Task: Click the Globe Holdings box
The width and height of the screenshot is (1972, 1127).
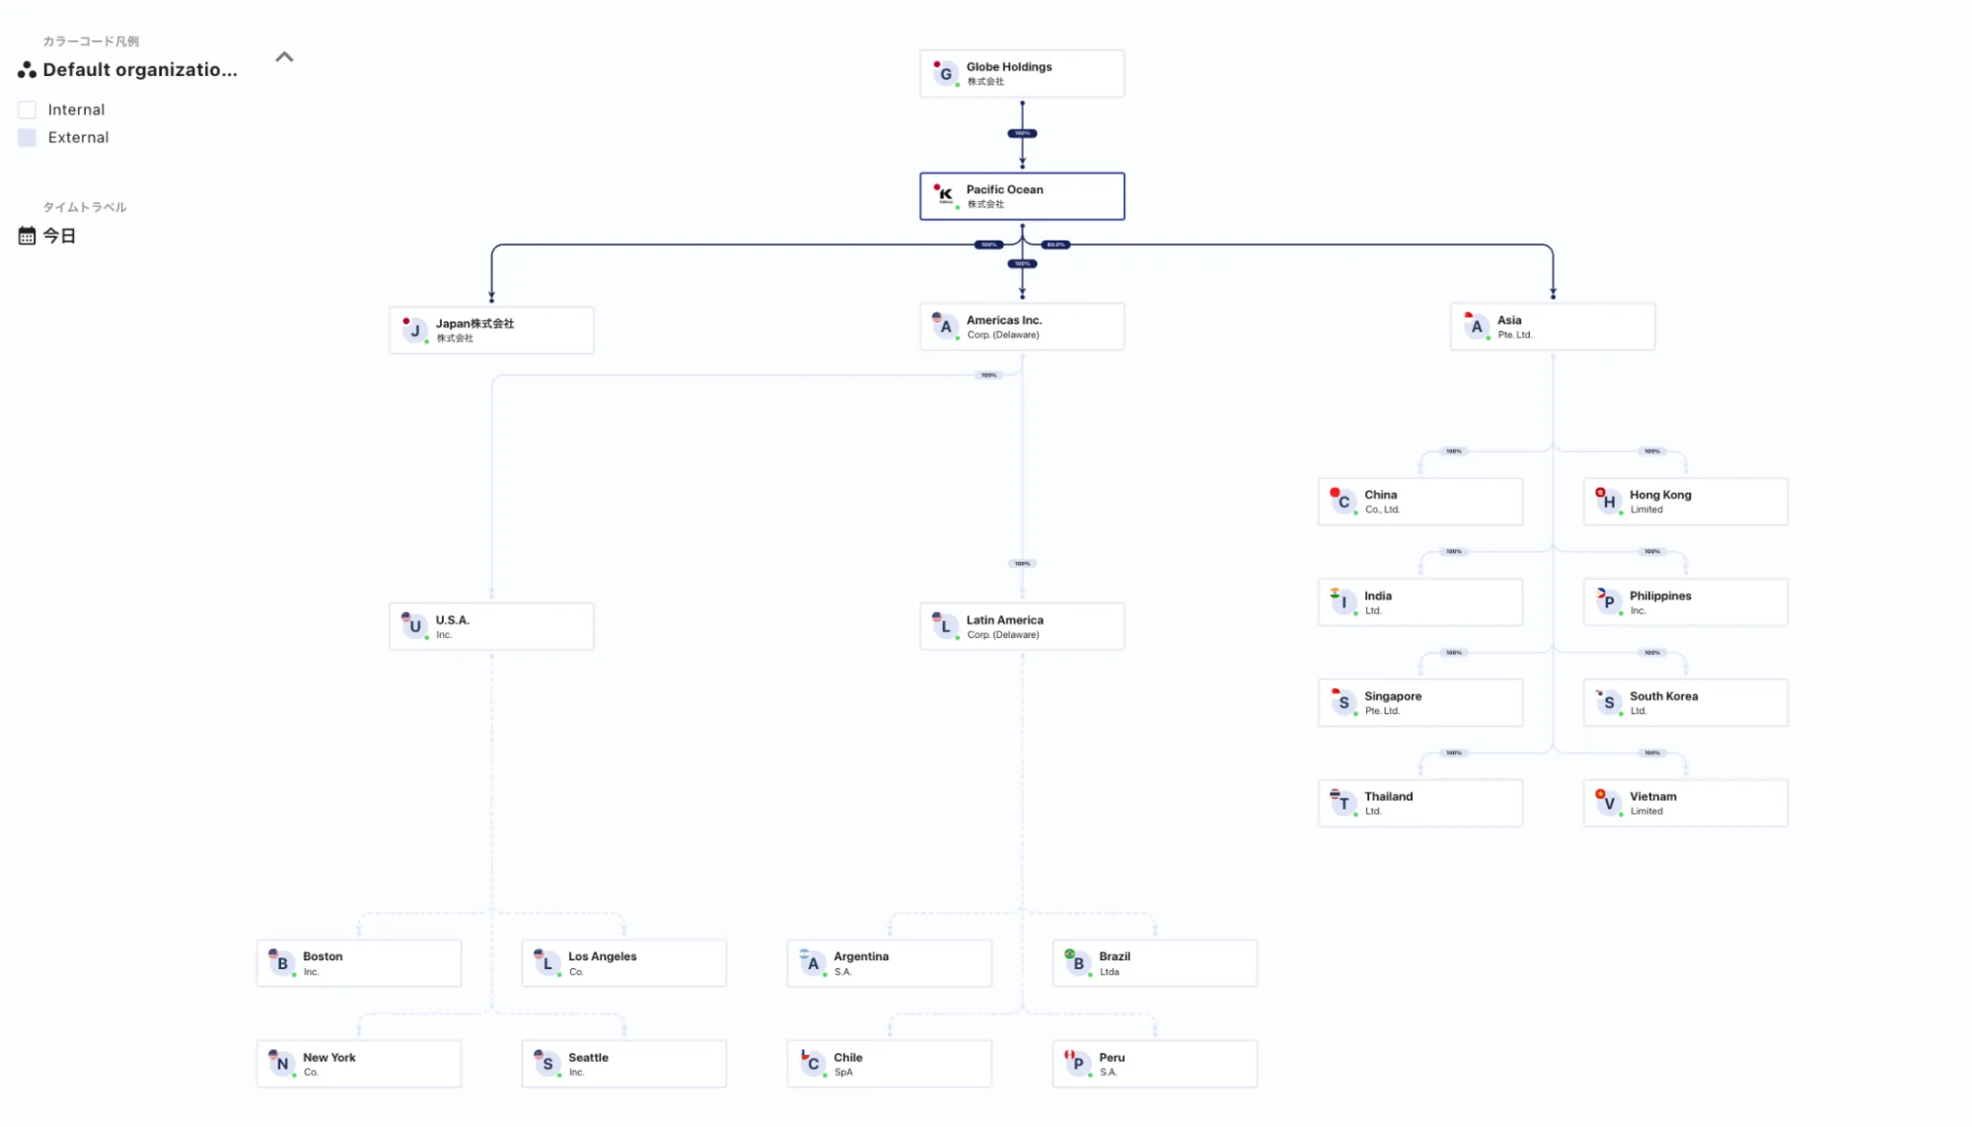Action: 1021,74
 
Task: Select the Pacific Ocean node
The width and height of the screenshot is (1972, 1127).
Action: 1021,196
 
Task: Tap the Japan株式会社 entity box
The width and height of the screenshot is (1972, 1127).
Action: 491,330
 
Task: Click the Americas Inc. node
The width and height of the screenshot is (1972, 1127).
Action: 1021,326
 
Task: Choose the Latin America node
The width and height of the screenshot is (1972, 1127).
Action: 1021,626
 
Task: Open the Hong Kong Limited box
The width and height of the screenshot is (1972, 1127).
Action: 1685,502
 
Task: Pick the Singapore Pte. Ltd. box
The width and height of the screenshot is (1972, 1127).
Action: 1420,703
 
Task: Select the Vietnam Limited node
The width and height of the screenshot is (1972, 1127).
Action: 1685,804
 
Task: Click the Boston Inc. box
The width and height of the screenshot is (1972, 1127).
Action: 358,963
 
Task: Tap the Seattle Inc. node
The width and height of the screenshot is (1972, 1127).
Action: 623,1064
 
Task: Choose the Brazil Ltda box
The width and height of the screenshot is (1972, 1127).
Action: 1154,963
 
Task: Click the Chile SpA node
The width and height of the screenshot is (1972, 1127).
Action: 889,1064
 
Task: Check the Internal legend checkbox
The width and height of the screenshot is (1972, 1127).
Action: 28,109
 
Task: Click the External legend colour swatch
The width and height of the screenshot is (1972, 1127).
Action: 28,138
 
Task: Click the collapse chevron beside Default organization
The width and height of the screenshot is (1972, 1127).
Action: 284,57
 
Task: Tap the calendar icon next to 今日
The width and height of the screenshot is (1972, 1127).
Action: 27,236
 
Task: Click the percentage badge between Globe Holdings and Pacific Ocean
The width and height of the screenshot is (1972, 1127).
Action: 1022,133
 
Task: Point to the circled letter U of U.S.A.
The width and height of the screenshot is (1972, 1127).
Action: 415,626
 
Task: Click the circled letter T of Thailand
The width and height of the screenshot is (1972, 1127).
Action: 1344,804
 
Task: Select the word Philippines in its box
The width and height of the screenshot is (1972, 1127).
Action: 1659,596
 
